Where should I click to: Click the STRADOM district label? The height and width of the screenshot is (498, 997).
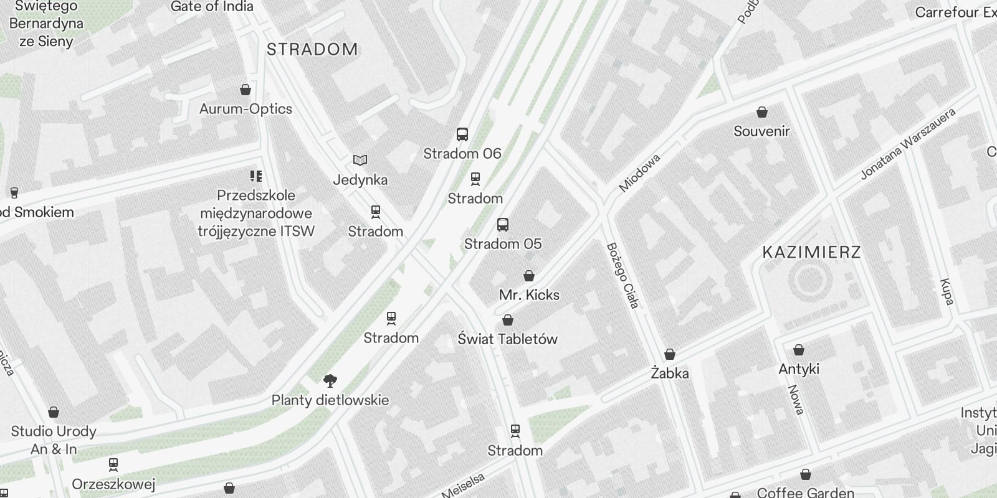pyautogui.click(x=312, y=49)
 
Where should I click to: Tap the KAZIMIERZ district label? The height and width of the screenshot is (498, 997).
pyautogui.click(x=811, y=252)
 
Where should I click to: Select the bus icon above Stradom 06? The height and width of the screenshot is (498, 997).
pyautogui.click(x=462, y=134)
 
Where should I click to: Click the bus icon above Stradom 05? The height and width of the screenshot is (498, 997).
pyautogui.click(x=503, y=225)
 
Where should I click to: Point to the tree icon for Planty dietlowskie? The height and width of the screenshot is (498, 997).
pyautogui.click(x=330, y=381)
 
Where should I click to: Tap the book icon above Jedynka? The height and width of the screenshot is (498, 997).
pyautogui.click(x=360, y=161)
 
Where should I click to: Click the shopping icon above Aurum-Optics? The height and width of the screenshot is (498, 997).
pyautogui.click(x=246, y=90)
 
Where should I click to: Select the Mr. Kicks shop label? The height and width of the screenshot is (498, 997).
pyautogui.click(x=529, y=294)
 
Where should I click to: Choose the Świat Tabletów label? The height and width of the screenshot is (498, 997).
pyautogui.click(x=507, y=339)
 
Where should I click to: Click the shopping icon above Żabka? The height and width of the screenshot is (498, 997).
pyautogui.click(x=670, y=355)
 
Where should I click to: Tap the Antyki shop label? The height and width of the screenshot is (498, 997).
pyautogui.click(x=799, y=369)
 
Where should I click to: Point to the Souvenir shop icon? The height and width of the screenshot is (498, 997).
pyautogui.click(x=761, y=113)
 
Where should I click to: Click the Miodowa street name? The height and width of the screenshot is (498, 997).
pyautogui.click(x=639, y=173)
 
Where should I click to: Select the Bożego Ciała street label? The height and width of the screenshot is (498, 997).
pyautogui.click(x=623, y=276)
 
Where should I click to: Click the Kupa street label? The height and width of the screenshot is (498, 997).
pyautogui.click(x=947, y=291)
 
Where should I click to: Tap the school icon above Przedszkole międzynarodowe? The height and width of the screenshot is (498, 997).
pyautogui.click(x=256, y=176)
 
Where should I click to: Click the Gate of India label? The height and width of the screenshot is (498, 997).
pyautogui.click(x=212, y=7)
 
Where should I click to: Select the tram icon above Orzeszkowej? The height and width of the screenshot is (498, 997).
pyautogui.click(x=113, y=464)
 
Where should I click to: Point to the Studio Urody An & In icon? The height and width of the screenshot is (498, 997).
pyautogui.click(x=54, y=413)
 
